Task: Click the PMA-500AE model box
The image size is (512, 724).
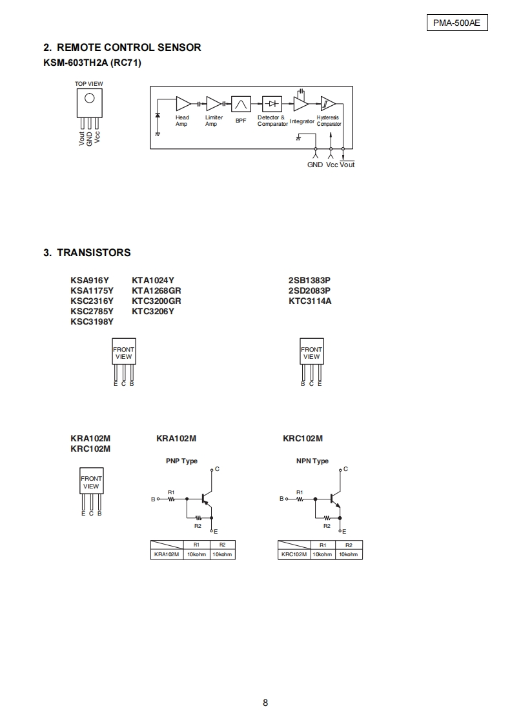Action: point(456,23)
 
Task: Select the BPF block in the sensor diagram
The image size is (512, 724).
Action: point(241,104)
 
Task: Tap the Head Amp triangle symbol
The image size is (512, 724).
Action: point(183,103)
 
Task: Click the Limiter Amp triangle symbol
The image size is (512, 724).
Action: point(213,103)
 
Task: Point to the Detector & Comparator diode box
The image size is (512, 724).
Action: point(272,104)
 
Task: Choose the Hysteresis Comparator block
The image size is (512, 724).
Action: point(327,103)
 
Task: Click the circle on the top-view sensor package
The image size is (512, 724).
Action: point(90,98)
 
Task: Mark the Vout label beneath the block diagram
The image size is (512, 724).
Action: point(347,165)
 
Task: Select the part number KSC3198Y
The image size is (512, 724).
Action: point(92,321)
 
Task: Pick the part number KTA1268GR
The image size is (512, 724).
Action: point(156,290)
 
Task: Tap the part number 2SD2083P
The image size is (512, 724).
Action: point(309,290)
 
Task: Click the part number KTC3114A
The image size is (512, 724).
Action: point(310,301)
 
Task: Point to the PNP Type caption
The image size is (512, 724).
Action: point(181,461)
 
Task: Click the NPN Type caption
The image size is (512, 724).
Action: point(312,461)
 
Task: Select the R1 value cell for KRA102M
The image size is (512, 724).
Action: point(196,554)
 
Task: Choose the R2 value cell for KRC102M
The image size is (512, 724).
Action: point(349,554)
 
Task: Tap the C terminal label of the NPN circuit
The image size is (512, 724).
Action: point(345,469)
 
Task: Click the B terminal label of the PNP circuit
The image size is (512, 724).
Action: point(153,499)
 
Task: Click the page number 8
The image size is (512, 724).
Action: point(265,703)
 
